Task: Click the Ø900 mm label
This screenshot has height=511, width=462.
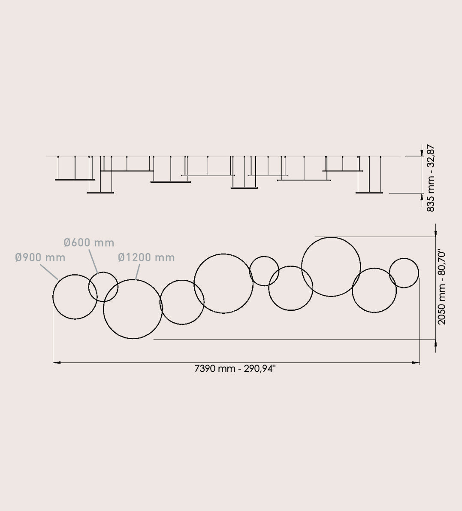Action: point(40,257)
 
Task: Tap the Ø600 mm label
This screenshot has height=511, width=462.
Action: point(89,242)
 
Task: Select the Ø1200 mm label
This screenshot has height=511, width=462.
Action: point(146,257)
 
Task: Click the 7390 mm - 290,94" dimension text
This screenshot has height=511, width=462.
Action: point(235,369)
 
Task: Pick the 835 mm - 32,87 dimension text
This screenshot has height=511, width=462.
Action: point(430,178)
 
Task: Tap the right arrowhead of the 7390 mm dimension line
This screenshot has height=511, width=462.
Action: point(416,362)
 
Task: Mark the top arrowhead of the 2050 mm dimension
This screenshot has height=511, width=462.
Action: point(436,233)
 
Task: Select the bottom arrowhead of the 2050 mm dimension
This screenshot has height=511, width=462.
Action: point(436,343)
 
